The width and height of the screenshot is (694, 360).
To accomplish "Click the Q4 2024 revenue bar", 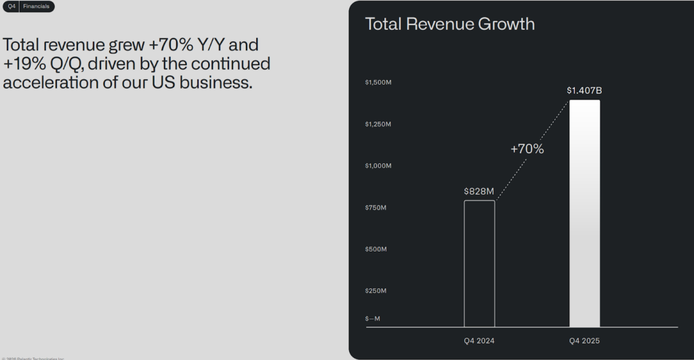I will [x=479, y=264].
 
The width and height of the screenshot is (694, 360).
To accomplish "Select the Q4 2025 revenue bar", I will [x=584, y=214].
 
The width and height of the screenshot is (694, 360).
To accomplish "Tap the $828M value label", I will [x=479, y=192].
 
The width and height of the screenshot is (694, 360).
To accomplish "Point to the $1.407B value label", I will [x=584, y=90].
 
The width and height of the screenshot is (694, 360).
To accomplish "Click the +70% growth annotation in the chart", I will [x=527, y=149].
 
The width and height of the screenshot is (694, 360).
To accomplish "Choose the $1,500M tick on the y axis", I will [x=378, y=83].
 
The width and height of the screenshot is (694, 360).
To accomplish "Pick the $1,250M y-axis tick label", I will [x=378, y=124].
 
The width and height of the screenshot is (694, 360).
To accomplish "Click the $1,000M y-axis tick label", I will [x=378, y=166].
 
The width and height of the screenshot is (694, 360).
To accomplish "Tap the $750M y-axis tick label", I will [x=376, y=207].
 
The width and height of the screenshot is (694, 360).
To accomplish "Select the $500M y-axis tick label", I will [x=376, y=249].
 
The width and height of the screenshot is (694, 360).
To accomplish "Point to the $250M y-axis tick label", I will [x=376, y=291].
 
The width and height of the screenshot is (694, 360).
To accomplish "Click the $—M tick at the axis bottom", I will [x=373, y=319].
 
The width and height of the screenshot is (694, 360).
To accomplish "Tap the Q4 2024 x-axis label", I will [x=479, y=340].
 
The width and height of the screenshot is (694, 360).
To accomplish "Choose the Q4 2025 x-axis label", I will [x=584, y=340].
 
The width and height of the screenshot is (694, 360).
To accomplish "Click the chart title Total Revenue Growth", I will [x=450, y=24].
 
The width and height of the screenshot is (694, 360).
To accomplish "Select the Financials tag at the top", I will [x=37, y=7].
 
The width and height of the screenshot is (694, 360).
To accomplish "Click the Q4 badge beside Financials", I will [x=12, y=7].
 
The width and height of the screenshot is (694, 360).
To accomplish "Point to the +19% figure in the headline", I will [x=26, y=64].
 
